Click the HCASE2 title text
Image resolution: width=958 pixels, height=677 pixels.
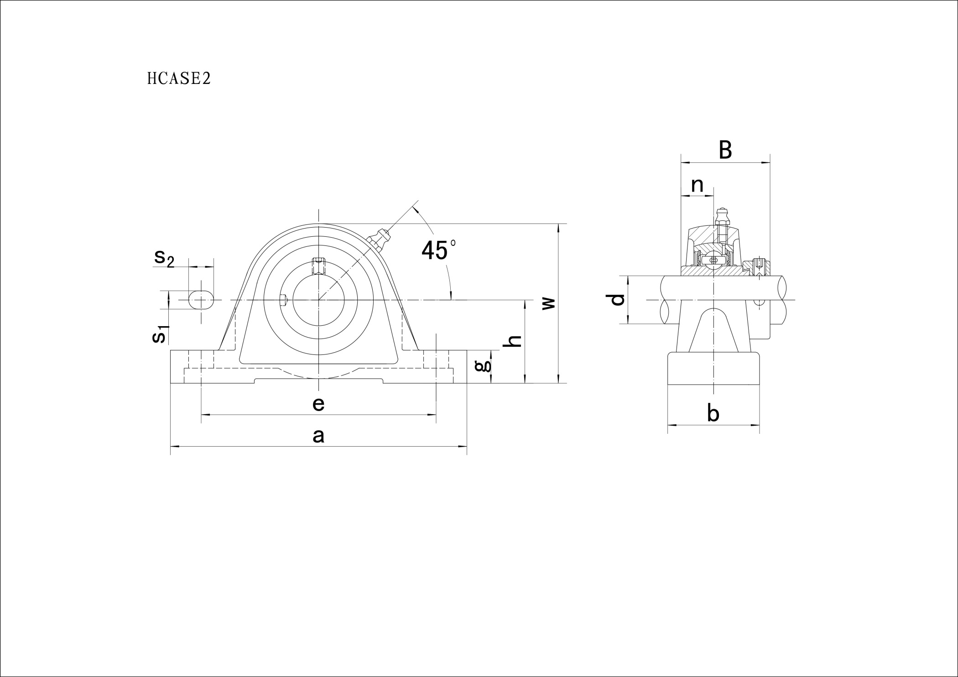[x=179, y=79]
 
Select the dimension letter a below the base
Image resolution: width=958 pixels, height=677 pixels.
[x=318, y=436]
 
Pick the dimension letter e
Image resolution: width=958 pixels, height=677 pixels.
[x=318, y=404]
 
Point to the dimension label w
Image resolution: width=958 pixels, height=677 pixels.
[x=548, y=303]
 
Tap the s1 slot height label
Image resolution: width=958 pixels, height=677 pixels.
[x=160, y=334]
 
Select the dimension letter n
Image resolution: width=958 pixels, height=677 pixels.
[x=697, y=186]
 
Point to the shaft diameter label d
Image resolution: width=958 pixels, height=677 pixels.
[x=617, y=300]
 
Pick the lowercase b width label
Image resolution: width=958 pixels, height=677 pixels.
[x=713, y=413]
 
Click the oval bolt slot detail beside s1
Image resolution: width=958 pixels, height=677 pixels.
[x=201, y=300]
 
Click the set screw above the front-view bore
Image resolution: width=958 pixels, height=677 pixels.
[x=318, y=266]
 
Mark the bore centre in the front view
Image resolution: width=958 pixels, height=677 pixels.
[x=318, y=300]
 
